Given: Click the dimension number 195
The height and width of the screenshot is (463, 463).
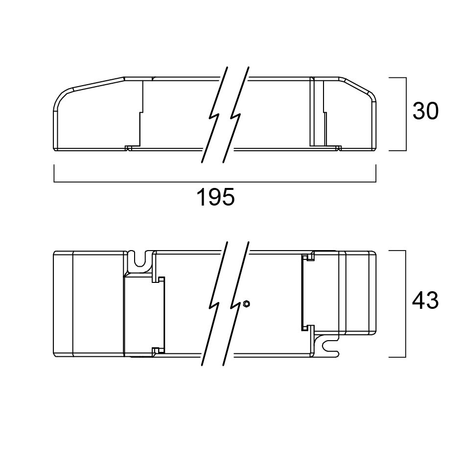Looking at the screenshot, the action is coord(215,197).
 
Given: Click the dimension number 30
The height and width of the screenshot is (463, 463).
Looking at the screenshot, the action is coord(425,111).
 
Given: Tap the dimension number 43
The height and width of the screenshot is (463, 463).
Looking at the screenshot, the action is coord(425,301).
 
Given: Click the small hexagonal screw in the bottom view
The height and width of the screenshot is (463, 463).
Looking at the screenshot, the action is coord(246,303).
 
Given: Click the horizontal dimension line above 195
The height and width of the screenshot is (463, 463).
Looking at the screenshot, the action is coord(215,182).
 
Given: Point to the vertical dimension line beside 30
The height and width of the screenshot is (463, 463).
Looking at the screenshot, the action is coord(406,114).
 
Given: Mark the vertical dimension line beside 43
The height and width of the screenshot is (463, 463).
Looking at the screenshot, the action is coord(405,304).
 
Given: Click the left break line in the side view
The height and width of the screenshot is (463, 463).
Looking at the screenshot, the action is coord(215,115).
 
